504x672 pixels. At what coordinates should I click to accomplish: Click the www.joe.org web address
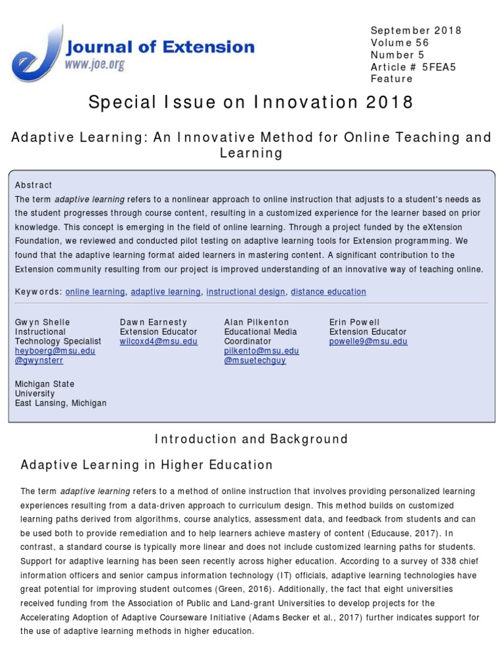[94, 65]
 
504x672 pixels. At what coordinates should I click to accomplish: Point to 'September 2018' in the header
[416, 31]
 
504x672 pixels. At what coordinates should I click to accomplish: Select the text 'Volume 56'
[399, 43]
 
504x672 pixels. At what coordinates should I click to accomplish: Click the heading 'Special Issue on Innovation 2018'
[251, 102]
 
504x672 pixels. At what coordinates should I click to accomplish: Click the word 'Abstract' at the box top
[33, 185]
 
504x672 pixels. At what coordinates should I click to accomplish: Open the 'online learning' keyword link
[95, 292]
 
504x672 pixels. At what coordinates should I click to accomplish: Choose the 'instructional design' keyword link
[245, 292]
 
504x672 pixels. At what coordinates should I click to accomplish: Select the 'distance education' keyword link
[328, 292]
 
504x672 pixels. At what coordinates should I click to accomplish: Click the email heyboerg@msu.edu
[55, 351]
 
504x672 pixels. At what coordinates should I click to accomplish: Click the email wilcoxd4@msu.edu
[158, 341]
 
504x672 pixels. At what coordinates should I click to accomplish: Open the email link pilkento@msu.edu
[261, 351]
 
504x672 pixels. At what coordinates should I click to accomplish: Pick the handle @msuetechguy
[255, 361]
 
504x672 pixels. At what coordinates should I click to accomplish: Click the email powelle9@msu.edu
[368, 341]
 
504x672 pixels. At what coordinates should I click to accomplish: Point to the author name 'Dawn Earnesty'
[153, 322]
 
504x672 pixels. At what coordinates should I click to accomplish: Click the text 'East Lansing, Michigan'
[60, 403]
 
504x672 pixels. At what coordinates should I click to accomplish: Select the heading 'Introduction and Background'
[251, 439]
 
